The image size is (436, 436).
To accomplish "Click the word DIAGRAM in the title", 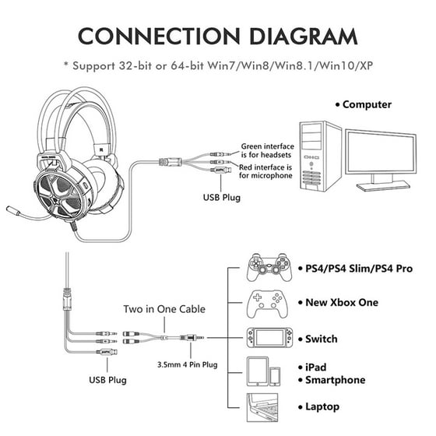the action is tap(304, 36).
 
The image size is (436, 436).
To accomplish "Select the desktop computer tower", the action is tap(320, 156).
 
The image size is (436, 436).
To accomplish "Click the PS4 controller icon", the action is tap(269, 268).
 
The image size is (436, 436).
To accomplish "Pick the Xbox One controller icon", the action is tap(267, 304).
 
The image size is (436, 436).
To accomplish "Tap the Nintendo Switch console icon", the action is tap(269, 338).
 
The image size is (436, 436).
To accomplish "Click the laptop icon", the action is tap(262, 407).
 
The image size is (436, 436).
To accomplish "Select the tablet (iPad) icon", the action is tap(258, 371).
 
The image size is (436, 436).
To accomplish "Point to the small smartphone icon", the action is tap(275, 376).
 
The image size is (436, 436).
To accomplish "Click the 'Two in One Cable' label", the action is tap(164, 309).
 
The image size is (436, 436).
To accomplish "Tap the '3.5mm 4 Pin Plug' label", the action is tap(188, 364).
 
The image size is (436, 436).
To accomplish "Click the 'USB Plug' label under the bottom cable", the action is tap(107, 380).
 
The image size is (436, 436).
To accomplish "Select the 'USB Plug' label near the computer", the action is tap(222, 198).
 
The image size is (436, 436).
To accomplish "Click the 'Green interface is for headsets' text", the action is tap(267, 150).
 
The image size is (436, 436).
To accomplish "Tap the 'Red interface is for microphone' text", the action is tap(265, 171).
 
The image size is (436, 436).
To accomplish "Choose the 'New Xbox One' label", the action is tap(342, 303).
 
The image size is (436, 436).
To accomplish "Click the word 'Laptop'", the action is tap(322, 406).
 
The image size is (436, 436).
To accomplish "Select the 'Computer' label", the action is tap(367, 104).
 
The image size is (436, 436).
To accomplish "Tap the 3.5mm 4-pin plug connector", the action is tap(192, 338).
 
